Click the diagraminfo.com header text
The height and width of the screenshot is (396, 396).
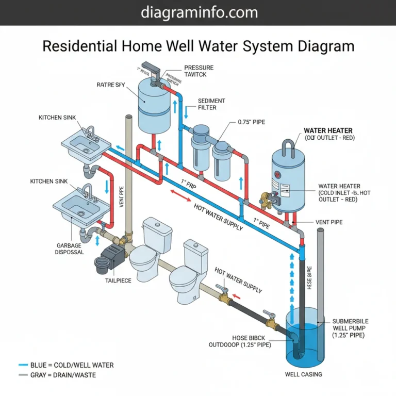point(198,12)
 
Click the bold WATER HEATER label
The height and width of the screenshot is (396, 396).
point(328,131)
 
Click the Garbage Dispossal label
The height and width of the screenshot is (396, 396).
point(69,249)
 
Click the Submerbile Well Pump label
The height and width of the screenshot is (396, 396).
point(351,328)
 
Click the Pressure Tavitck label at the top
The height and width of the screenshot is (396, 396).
point(198,71)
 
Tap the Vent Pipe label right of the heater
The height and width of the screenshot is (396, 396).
point(329,222)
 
